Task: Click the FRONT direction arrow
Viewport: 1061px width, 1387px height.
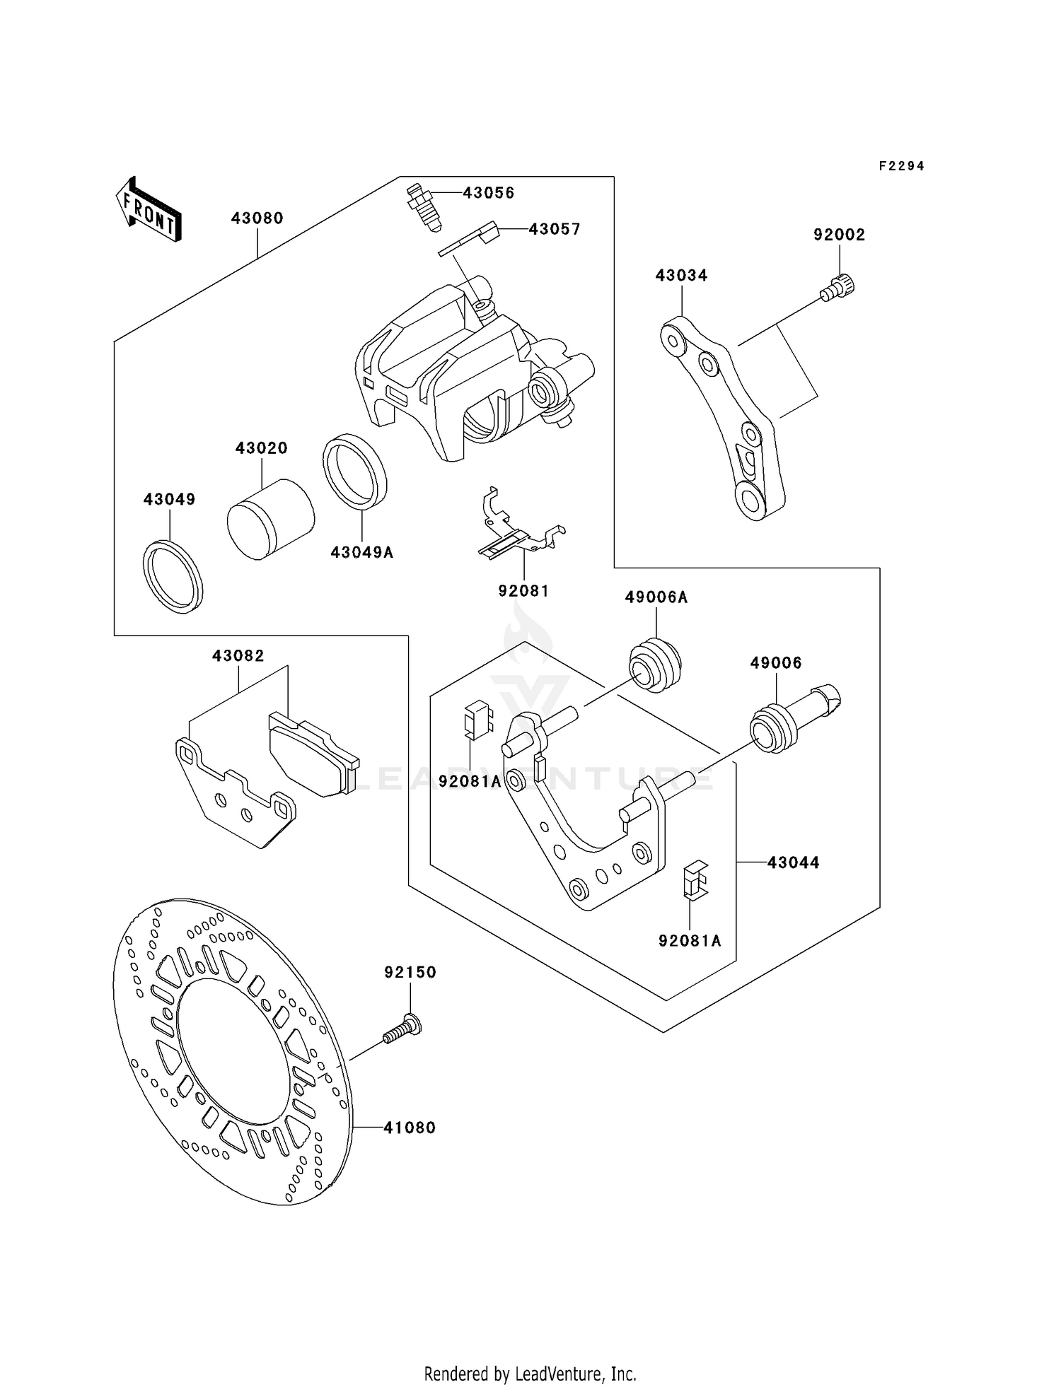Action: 149,209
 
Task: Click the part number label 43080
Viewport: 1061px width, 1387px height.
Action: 257,218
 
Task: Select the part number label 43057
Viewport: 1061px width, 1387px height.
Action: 555,229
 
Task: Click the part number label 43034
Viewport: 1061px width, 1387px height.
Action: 681,276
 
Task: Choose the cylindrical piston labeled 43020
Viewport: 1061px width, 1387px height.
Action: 270,519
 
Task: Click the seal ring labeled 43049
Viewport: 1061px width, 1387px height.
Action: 173,576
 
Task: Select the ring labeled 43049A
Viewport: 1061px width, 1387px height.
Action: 355,472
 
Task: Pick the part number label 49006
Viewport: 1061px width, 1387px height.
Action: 776,663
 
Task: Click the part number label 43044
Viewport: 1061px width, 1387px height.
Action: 793,862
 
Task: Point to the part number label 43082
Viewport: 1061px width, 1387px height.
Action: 238,656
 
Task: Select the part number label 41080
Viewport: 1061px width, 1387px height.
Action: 410,1128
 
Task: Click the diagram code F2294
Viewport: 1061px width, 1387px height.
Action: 902,166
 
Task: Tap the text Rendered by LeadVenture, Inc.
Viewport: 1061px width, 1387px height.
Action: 530,1374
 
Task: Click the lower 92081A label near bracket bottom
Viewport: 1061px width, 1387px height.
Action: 690,941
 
